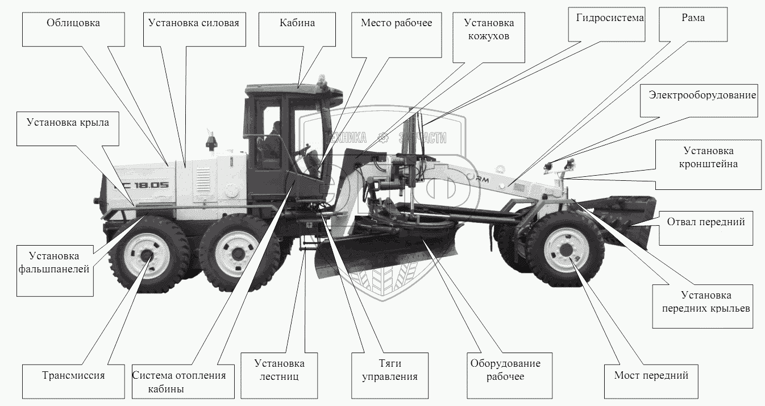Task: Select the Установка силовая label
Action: pos(193,24)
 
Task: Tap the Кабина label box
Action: pos(297,24)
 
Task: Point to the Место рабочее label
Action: pos(396,24)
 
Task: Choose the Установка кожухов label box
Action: pos(489,30)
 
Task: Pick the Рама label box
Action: pos(693,18)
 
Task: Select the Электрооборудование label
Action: pos(702,96)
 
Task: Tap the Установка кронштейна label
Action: pos(708,158)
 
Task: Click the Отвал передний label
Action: pos(705,222)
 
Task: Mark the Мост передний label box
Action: pos(651,375)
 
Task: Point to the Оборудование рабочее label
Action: pos(505,370)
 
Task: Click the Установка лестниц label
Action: pos(279,370)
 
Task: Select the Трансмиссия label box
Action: pos(73,375)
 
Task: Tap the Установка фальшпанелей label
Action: pos(55,263)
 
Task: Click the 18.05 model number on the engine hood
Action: pos(151,184)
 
